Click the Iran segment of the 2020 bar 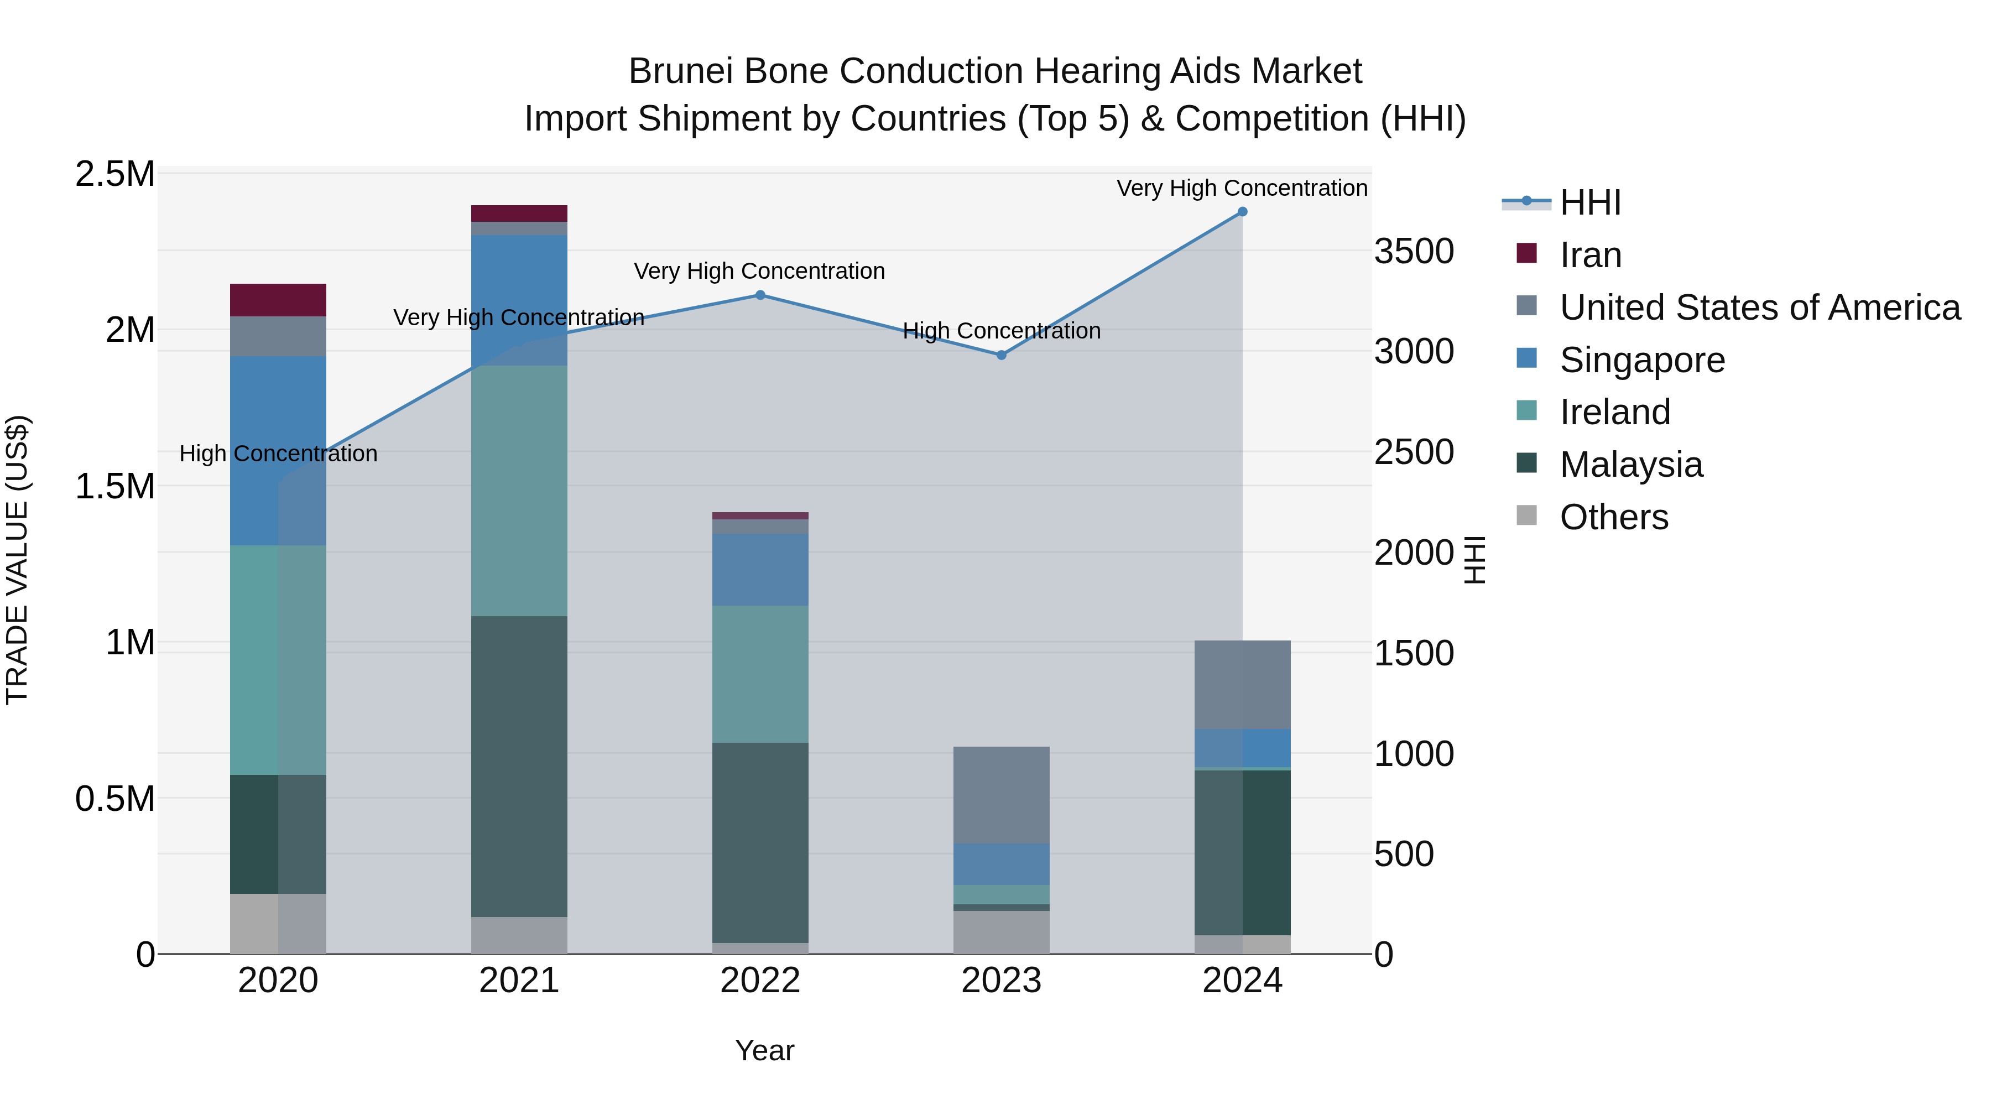pos(278,300)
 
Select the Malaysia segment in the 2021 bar pos(519,765)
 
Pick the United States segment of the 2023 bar pos(1001,795)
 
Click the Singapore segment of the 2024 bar pos(1242,747)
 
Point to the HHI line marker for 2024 pos(1242,212)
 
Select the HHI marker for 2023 pos(1001,355)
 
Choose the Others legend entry pos(1613,517)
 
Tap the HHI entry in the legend pos(1590,202)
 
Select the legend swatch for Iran pos(1526,253)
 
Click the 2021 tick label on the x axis pos(519,981)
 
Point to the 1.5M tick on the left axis pos(115,487)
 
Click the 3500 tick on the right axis pos(1414,251)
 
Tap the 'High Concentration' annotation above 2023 pos(1001,331)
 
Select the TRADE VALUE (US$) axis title pos(18,560)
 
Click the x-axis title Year pos(764,1050)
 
